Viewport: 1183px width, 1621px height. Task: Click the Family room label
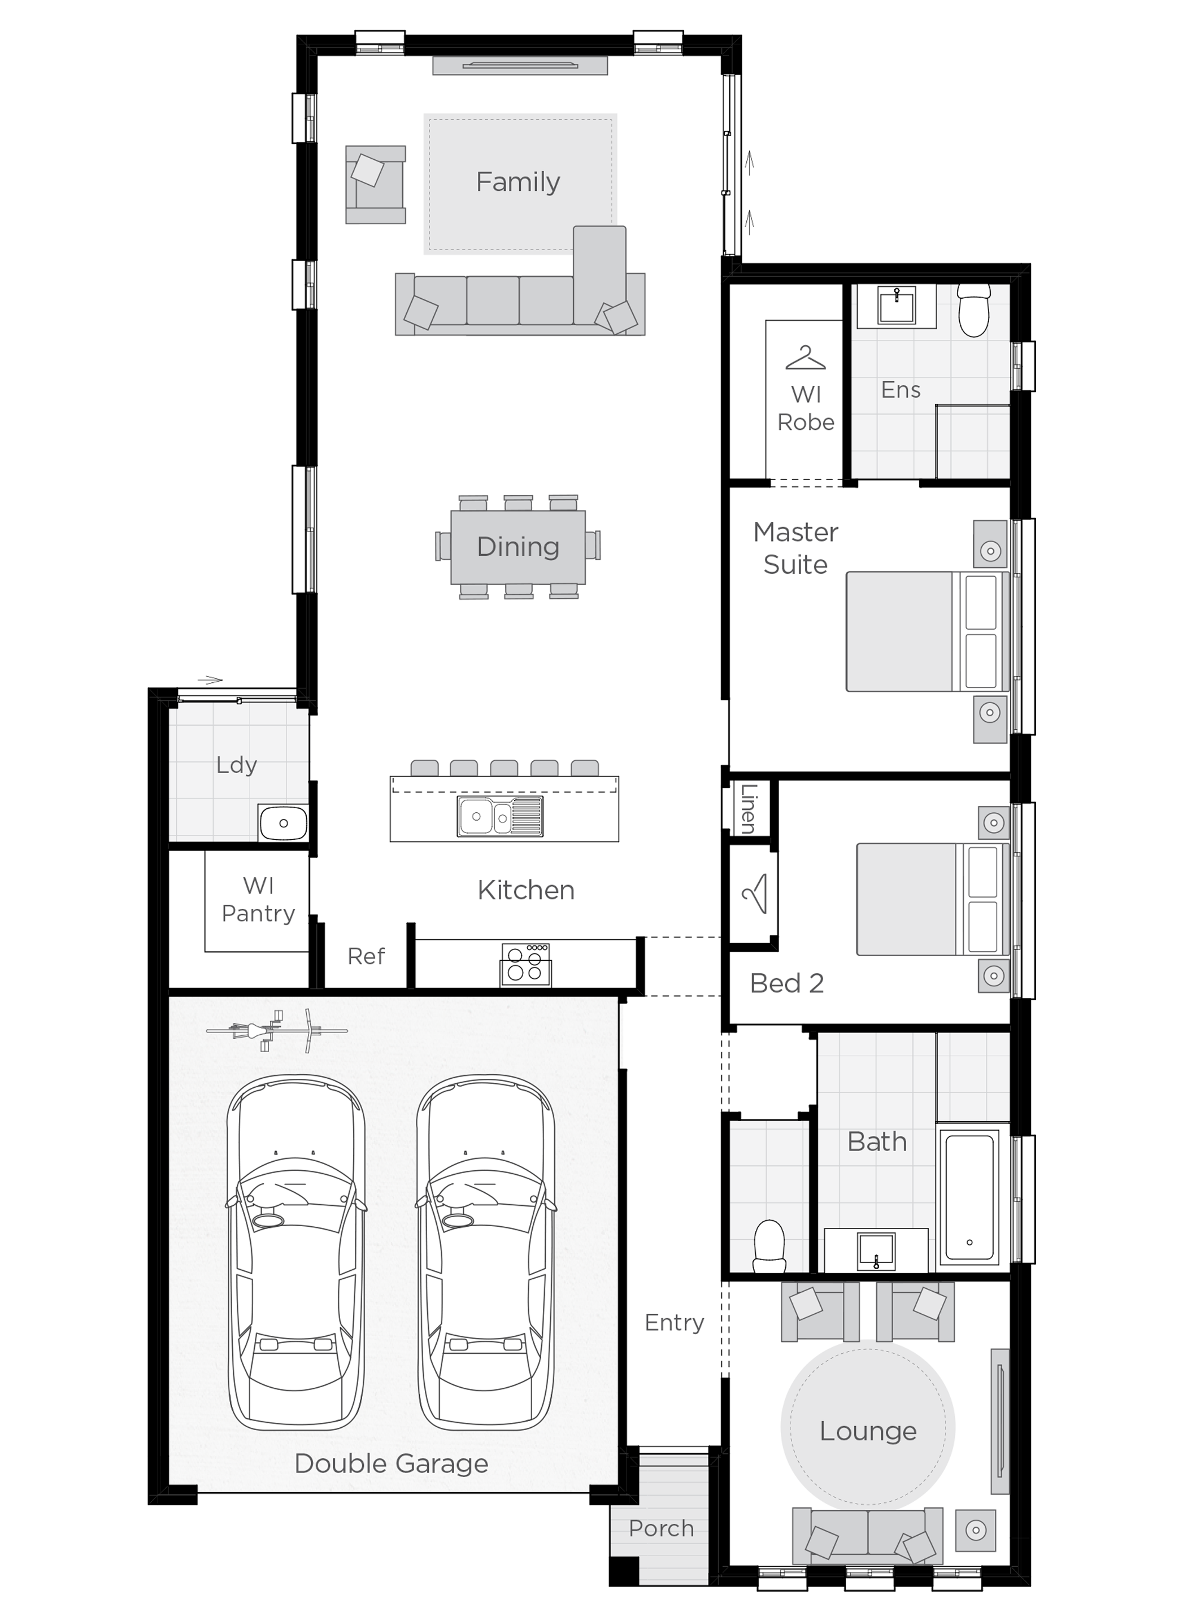click(x=517, y=182)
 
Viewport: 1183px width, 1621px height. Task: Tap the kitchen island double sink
click(x=500, y=816)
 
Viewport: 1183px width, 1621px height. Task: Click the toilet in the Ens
click(x=974, y=310)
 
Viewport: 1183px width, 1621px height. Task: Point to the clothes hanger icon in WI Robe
click(x=806, y=358)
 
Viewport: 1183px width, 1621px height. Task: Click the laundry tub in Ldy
click(x=284, y=823)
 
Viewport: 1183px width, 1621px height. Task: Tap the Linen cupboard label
click(x=747, y=808)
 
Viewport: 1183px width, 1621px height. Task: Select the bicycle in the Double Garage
click(x=276, y=1030)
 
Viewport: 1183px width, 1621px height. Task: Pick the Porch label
click(x=661, y=1528)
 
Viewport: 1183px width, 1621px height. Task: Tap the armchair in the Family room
click(x=375, y=185)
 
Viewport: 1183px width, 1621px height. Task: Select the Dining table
click(x=517, y=547)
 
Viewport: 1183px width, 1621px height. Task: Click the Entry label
click(x=674, y=1322)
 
